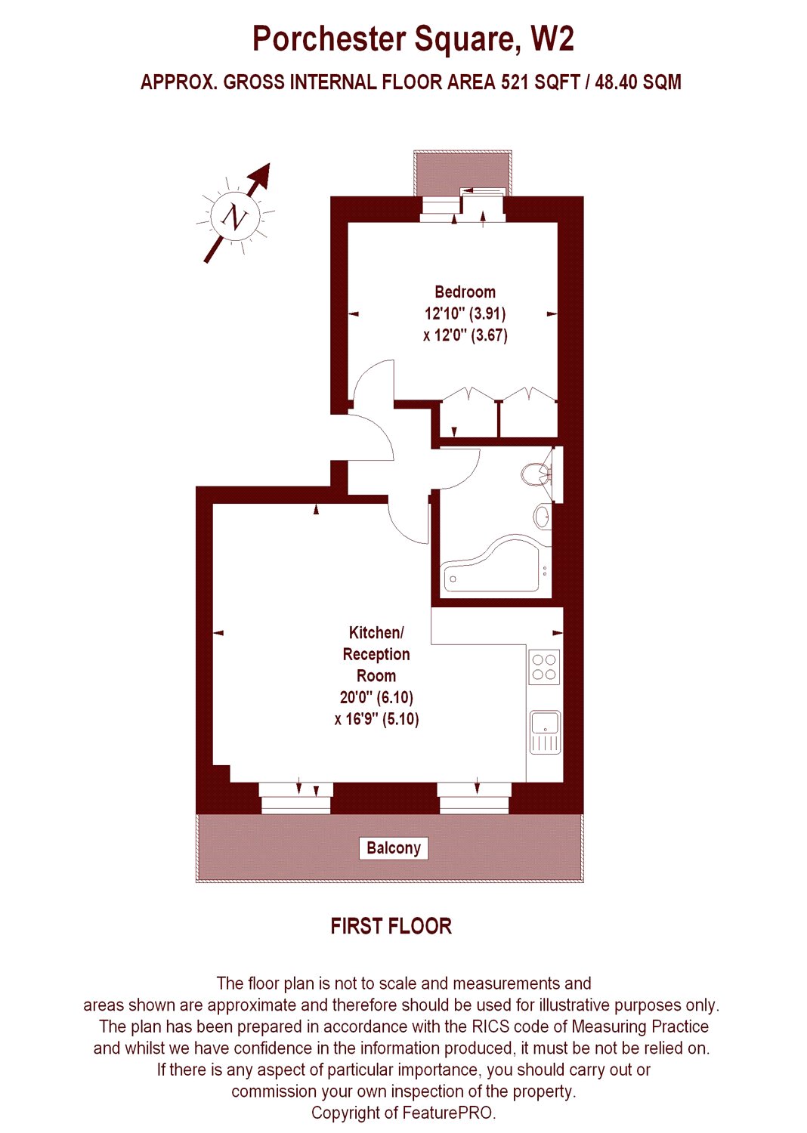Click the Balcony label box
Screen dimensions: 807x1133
[x=394, y=848]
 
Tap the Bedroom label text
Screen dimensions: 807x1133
[x=465, y=292]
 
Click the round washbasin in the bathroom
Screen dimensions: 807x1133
[x=543, y=517]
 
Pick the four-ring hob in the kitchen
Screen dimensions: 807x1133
[x=544, y=667]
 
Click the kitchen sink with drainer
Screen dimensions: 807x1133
[x=546, y=733]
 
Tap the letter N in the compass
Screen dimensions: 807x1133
[x=234, y=217]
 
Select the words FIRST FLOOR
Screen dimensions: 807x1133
[x=391, y=926]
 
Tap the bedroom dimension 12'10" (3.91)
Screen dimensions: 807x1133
[x=465, y=313]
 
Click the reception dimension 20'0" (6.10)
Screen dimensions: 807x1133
[x=376, y=697]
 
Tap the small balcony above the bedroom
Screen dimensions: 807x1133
[x=462, y=172]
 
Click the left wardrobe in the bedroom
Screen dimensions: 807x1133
[x=468, y=414]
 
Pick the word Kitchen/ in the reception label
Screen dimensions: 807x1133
[x=376, y=632]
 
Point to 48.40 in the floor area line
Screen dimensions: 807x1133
[x=615, y=82]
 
